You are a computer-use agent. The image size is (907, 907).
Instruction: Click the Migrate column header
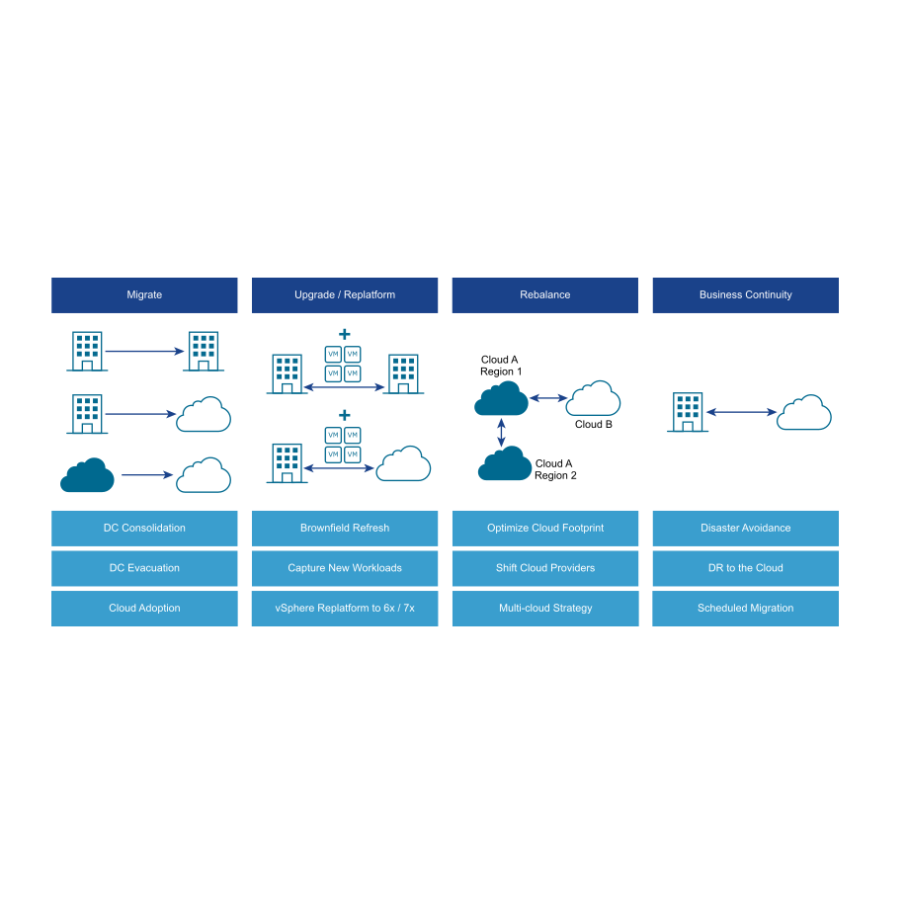pyautogui.click(x=144, y=295)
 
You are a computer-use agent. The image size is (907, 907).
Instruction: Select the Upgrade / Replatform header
pyautogui.click(x=345, y=295)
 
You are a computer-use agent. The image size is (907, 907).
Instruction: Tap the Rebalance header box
pyautogui.click(x=545, y=295)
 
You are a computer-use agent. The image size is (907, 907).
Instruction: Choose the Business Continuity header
pyautogui.click(x=746, y=295)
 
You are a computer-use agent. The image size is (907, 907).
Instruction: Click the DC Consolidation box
pyautogui.click(x=144, y=529)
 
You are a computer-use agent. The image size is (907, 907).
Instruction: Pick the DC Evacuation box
pyautogui.click(x=144, y=568)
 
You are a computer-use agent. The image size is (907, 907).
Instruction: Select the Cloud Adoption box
pyautogui.click(x=144, y=609)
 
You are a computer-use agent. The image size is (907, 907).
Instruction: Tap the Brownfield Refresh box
pyautogui.click(x=345, y=529)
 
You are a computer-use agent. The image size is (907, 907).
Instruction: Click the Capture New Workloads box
pyautogui.click(x=345, y=568)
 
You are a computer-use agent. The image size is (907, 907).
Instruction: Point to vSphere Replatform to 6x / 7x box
pyautogui.click(x=345, y=609)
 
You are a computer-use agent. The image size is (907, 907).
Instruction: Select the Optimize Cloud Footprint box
pyautogui.click(x=545, y=529)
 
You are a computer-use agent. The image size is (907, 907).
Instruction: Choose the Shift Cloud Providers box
pyautogui.click(x=545, y=568)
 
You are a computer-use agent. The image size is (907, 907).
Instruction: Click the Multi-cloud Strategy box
pyautogui.click(x=545, y=609)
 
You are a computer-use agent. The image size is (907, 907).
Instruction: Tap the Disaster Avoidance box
pyautogui.click(x=746, y=529)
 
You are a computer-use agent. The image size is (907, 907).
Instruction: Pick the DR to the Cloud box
pyautogui.click(x=746, y=568)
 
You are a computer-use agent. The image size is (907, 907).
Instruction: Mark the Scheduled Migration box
pyautogui.click(x=746, y=609)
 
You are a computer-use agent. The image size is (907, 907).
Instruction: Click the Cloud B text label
pyautogui.click(x=594, y=425)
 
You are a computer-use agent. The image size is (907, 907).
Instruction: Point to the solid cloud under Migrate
pyautogui.click(x=87, y=475)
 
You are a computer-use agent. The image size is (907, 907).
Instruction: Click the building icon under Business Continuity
pyautogui.click(x=688, y=412)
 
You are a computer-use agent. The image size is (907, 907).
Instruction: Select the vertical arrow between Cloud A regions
pyautogui.click(x=502, y=431)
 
